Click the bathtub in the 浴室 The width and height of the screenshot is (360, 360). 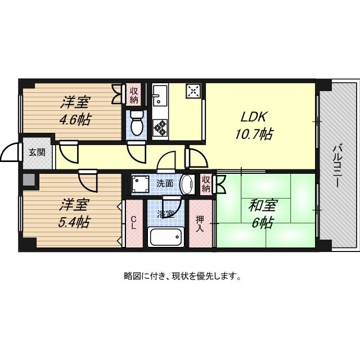pyautogui.click(x=166, y=237)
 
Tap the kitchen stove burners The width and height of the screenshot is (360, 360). pyautogui.click(x=160, y=127)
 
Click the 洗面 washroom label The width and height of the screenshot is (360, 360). pyautogui.click(x=165, y=183)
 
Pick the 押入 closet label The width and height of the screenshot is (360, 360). pyautogui.click(x=200, y=224)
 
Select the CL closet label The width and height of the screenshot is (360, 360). pyautogui.click(x=134, y=224)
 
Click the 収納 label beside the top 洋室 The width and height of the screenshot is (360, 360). pyautogui.click(x=134, y=95)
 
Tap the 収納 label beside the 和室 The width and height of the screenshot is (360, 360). pyautogui.click(x=206, y=184)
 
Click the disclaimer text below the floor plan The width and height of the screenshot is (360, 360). pyautogui.click(x=183, y=276)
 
